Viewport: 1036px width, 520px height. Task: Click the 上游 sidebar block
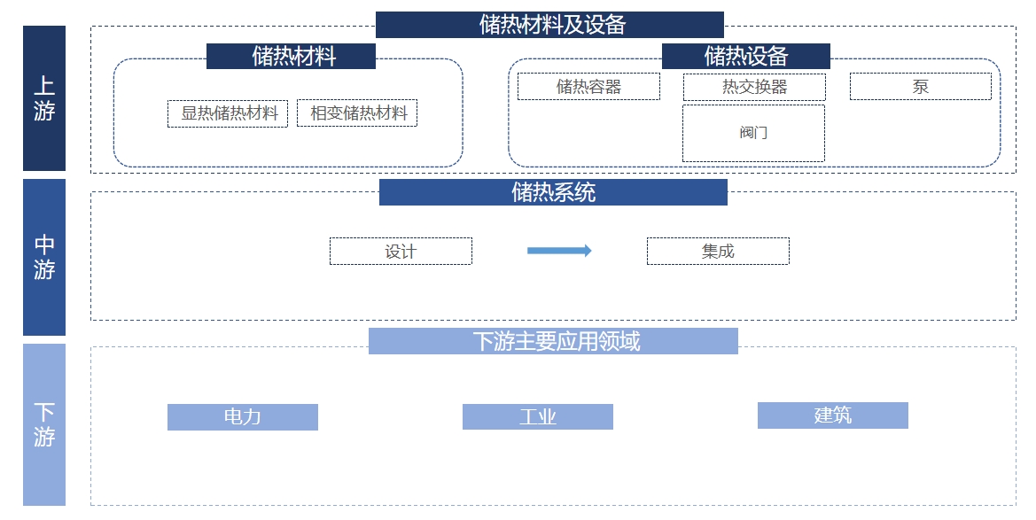(44, 97)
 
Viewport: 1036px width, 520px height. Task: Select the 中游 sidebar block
(44, 257)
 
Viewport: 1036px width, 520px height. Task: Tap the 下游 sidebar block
(44, 424)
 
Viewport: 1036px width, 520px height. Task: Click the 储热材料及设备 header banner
(549, 25)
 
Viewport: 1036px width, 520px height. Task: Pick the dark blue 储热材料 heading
(291, 56)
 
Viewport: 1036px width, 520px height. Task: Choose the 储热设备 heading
(745, 56)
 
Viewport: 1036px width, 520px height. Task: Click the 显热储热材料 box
(228, 113)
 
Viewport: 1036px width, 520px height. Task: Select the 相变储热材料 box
(357, 113)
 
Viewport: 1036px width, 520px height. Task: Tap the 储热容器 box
(588, 86)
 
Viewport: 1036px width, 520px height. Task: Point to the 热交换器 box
(754, 86)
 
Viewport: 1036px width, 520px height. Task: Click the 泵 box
(920, 86)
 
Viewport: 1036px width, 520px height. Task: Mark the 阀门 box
(753, 133)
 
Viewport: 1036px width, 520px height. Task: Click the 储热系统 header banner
(553, 192)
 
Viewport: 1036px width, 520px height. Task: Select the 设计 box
(401, 251)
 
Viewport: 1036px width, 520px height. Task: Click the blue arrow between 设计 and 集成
(559, 251)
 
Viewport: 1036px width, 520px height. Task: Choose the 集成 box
(718, 251)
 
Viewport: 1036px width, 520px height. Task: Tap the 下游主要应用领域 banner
(553, 341)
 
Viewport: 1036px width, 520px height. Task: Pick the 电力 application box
(243, 417)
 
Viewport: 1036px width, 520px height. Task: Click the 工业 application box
(538, 417)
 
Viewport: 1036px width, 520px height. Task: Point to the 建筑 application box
(833, 415)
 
